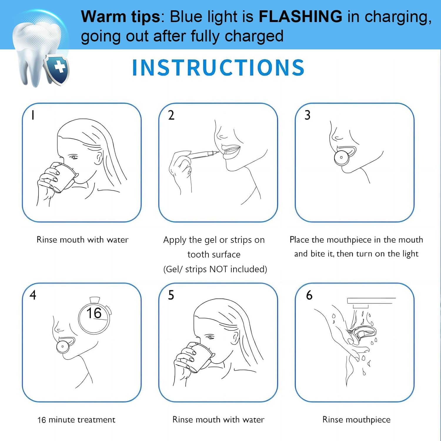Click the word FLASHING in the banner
(x=300, y=16)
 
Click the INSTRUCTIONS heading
(x=218, y=68)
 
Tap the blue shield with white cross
(x=57, y=69)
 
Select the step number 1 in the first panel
(x=33, y=115)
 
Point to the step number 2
(x=171, y=115)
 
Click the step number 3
(x=307, y=115)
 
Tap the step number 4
(x=33, y=295)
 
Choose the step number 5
(x=171, y=295)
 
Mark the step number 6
(x=309, y=295)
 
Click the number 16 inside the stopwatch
(x=94, y=313)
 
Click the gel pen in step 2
(x=203, y=154)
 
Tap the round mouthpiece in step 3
(x=341, y=158)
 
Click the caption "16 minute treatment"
(x=76, y=420)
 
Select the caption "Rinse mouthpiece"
(x=356, y=420)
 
